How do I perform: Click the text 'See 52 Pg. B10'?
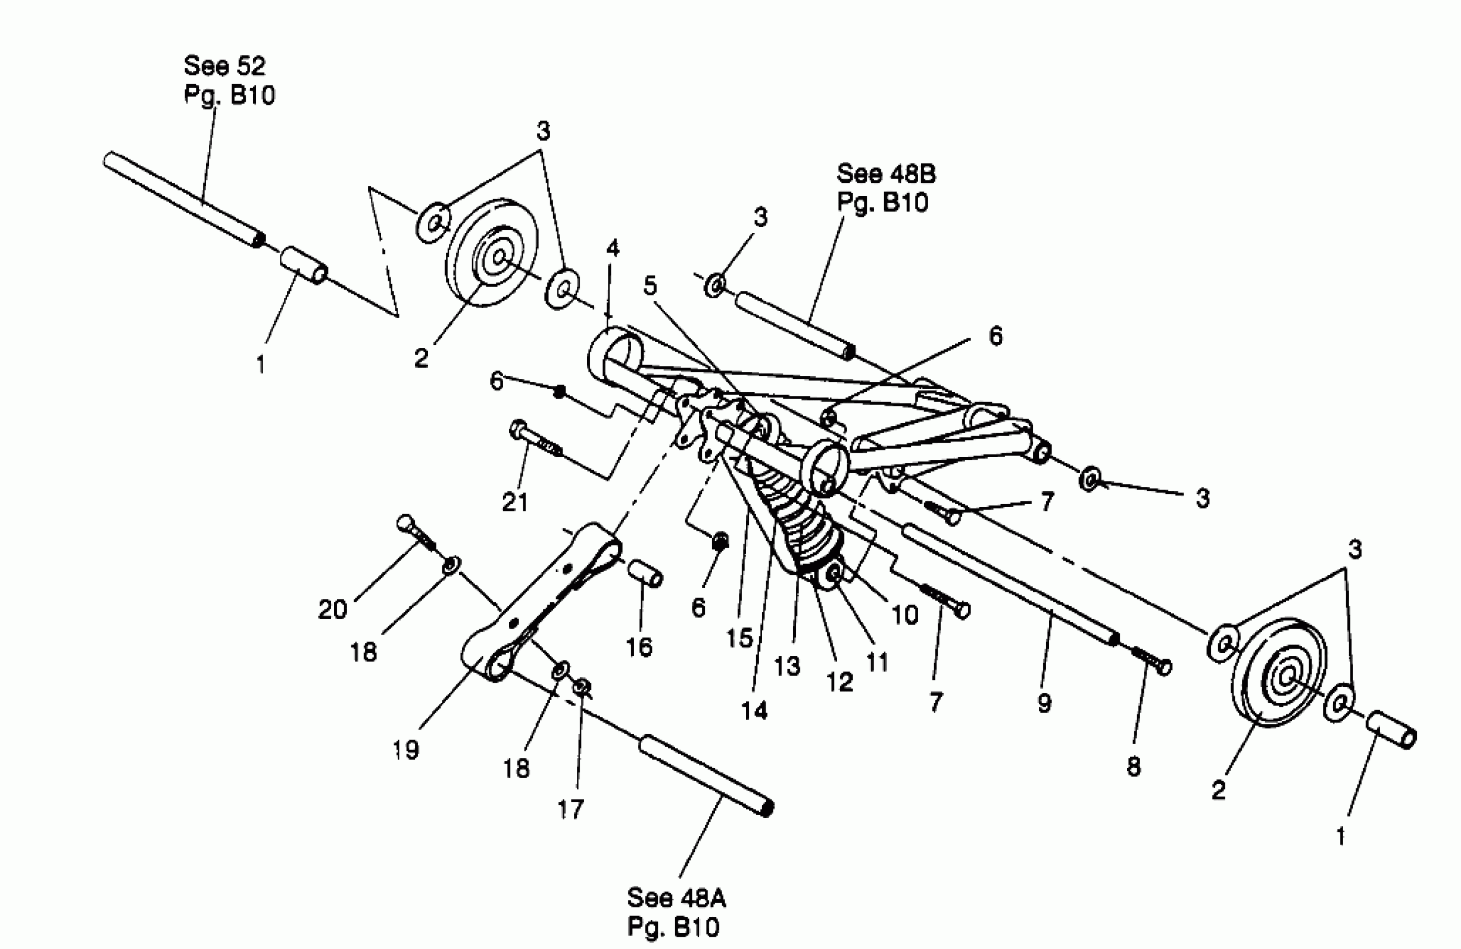tap(229, 80)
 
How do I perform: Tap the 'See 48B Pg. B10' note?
tap(885, 188)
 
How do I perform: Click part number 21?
tap(515, 502)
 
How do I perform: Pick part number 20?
tap(332, 609)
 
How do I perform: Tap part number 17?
tap(570, 809)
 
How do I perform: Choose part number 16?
tap(638, 646)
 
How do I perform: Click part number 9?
tap(1044, 703)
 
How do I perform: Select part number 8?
tap(1134, 766)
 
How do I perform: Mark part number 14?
tap(755, 711)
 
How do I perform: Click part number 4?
tap(613, 248)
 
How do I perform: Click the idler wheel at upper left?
tap(491, 252)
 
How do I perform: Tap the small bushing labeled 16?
tap(644, 572)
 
